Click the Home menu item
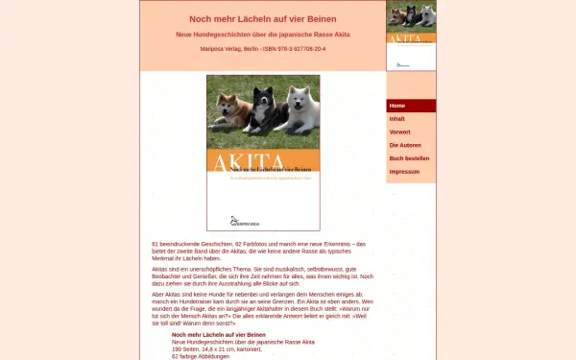click(397, 106)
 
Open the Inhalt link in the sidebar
click(397, 118)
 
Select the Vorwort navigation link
click(400, 132)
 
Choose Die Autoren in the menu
click(404, 145)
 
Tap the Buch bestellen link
click(409, 157)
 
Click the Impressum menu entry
click(404, 171)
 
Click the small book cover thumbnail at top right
click(411, 36)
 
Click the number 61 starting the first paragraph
click(155, 245)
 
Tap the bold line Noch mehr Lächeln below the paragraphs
click(218, 335)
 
